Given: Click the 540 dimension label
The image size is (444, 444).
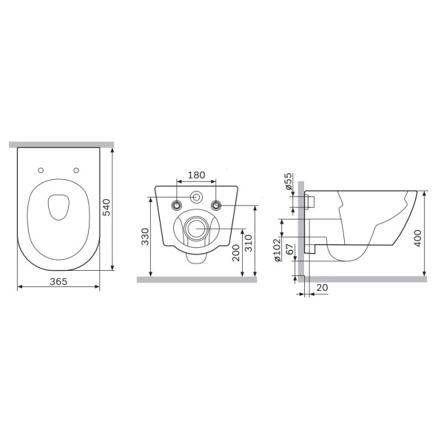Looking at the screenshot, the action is (107, 207).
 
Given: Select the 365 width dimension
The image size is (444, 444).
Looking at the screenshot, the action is (58, 281).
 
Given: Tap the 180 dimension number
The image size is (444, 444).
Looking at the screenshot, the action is (197, 175).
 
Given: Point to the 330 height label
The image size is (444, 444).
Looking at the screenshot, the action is (145, 237).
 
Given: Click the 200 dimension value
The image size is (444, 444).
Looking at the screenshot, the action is (236, 253).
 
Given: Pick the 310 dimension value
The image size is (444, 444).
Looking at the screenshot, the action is (249, 243).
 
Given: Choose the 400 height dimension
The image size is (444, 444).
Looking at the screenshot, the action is (418, 238).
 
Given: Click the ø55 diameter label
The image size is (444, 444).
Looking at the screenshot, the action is (288, 181).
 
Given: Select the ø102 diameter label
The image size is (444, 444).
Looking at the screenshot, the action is (277, 250).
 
